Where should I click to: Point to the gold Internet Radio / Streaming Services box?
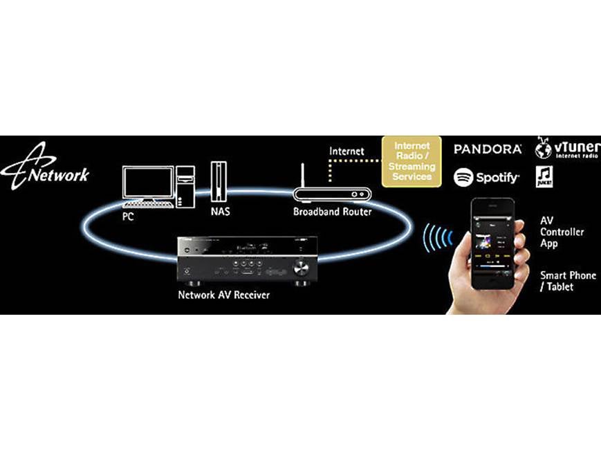pos(412,161)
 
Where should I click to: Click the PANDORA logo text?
pos(487,149)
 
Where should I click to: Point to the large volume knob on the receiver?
pos(301,267)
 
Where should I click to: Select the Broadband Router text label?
pos(332,212)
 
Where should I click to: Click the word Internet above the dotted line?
pos(346,151)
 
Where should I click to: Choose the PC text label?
pos(129,216)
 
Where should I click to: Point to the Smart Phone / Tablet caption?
pos(567,281)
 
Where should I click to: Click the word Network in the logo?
pos(59,174)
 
